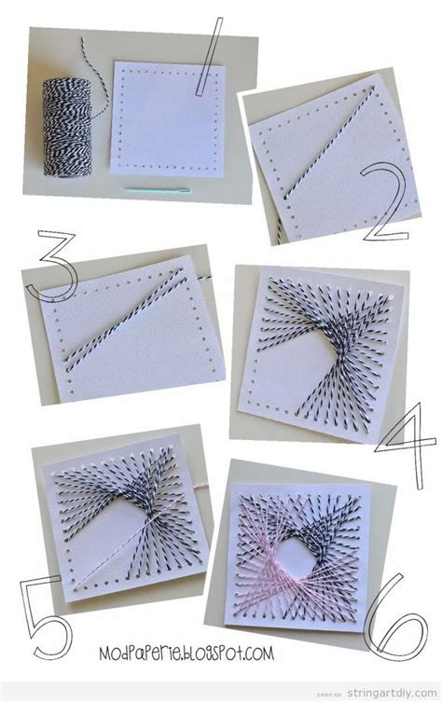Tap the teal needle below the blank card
[x=158, y=191]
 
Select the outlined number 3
[x=46, y=265]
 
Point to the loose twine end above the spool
[x=89, y=51]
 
